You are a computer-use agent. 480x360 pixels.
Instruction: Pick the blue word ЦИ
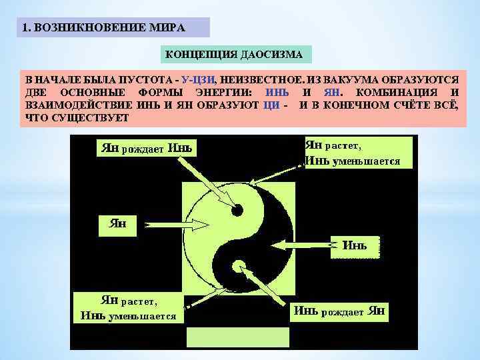pyautogui.click(x=271, y=105)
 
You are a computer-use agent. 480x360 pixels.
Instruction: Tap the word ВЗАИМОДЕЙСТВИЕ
pyautogui.click(x=77, y=105)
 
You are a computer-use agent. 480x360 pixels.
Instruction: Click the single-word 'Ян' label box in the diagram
pyautogui.click(x=117, y=224)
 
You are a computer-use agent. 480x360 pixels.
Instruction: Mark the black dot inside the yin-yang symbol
pyautogui.click(x=237, y=211)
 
